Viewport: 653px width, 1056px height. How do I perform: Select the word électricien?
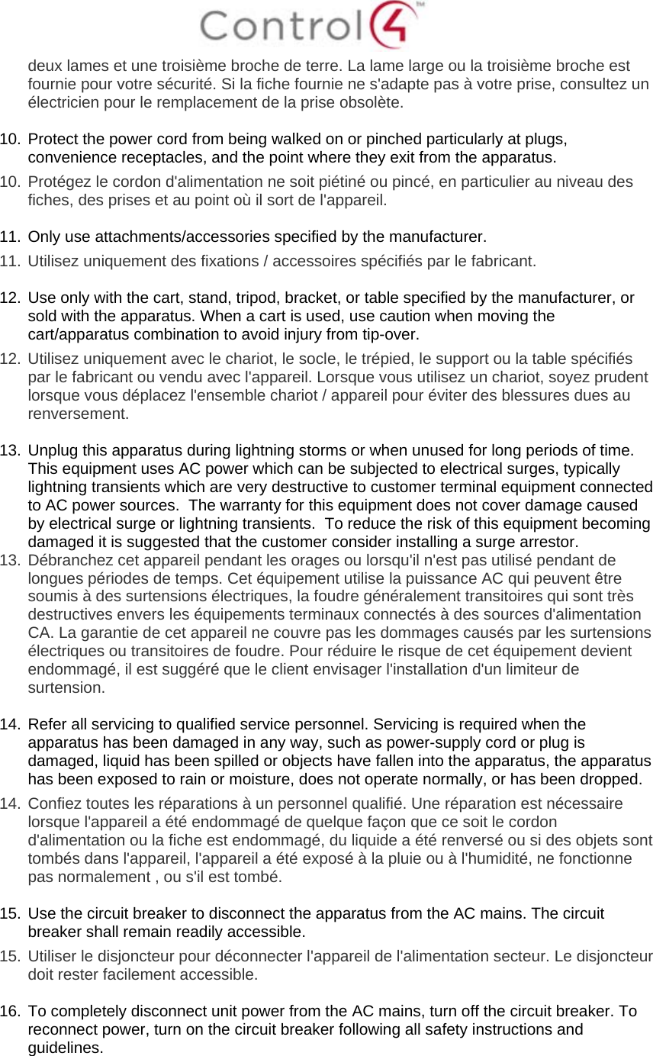coord(62,101)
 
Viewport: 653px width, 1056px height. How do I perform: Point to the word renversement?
coord(77,415)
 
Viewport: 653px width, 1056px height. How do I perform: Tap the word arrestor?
coord(550,542)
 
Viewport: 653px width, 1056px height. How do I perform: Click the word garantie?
coord(104,633)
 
